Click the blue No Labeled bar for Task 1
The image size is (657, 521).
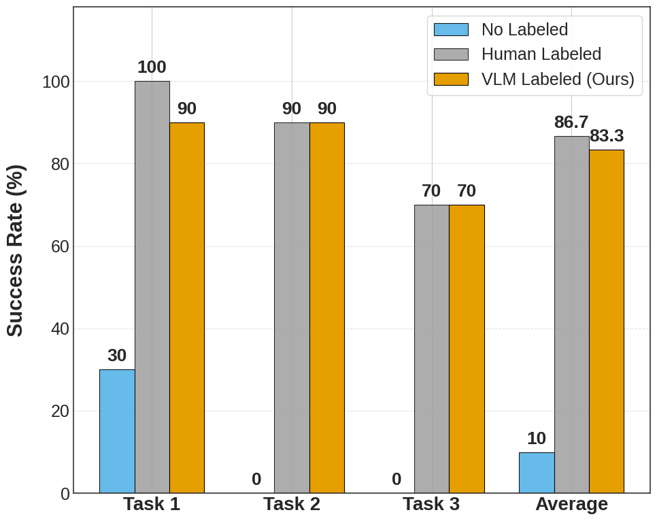tap(117, 431)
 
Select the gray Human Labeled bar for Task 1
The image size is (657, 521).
tap(152, 287)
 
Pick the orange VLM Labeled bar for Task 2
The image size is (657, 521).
tap(327, 307)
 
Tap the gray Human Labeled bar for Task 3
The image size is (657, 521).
tap(432, 349)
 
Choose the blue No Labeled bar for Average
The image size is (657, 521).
tap(537, 473)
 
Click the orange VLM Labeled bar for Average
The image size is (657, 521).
tap(607, 321)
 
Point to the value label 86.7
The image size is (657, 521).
tap(571, 122)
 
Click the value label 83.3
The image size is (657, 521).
tap(607, 136)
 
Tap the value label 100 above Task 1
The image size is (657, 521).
tap(152, 67)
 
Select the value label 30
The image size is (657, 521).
tap(117, 356)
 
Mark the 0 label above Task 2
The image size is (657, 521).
tap(256, 480)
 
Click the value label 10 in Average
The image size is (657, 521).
tap(537, 439)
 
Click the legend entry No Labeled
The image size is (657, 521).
tap(524, 30)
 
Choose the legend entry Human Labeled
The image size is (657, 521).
tap(541, 54)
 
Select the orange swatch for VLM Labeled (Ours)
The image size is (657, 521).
tap(451, 79)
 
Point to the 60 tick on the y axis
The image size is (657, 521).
tap(60, 246)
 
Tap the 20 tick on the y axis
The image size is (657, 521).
tap(60, 411)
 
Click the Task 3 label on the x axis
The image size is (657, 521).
tap(431, 504)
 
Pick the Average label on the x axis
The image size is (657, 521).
tap(571, 504)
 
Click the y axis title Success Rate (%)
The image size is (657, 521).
tap(15, 250)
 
